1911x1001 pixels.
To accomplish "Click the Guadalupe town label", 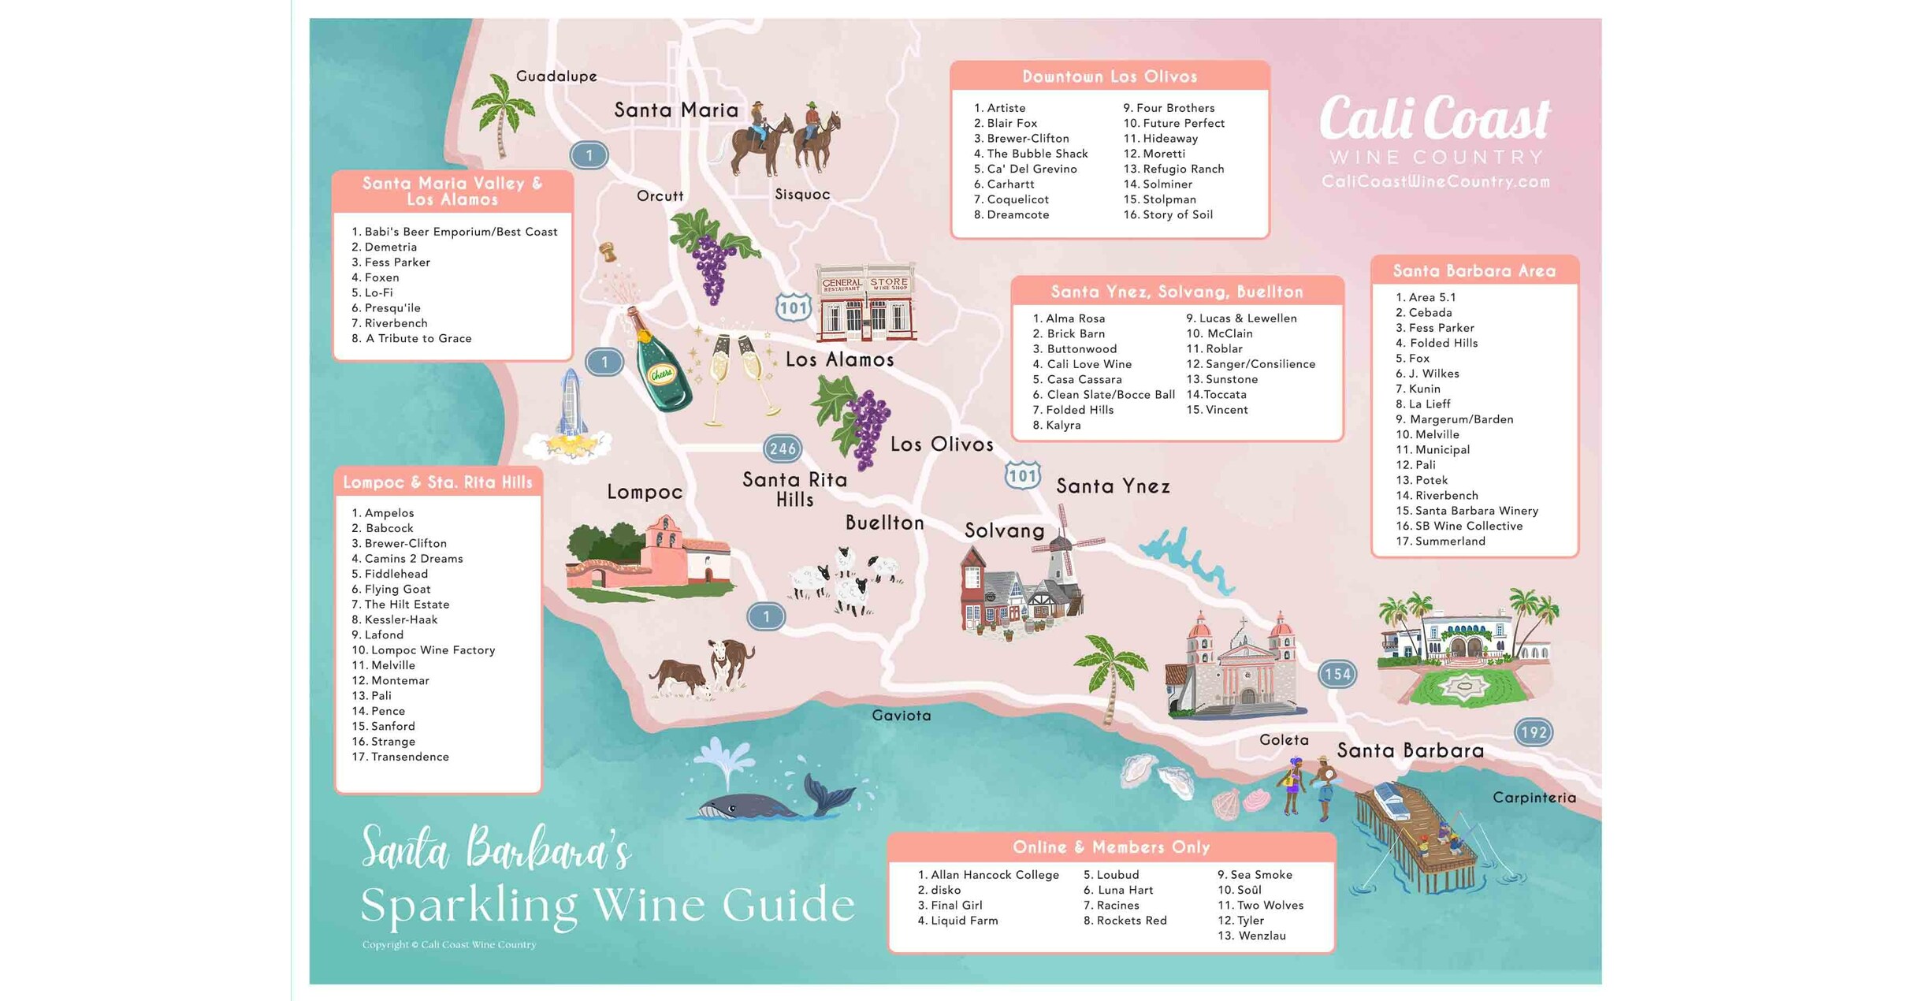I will (x=556, y=76).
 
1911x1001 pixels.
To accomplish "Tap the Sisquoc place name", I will (x=802, y=195).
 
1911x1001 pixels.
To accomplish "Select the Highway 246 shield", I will (x=783, y=449).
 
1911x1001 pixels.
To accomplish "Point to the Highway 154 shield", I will (x=1337, y=674).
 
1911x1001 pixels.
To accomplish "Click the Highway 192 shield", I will (x=1534, y=732).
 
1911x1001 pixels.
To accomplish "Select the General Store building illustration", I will (x=866, y=303).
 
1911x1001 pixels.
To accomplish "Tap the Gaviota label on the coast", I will (x=902, y=716).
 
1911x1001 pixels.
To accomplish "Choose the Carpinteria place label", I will (x=1534, y=798).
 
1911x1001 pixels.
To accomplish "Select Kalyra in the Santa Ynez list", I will (x=1063, y=426).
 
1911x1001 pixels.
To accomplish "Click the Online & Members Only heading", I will (x=1111, y=847).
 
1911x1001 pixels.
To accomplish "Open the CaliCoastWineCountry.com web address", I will (x=1435, y=182).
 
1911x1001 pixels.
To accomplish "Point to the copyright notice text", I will (x=449, y=944).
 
